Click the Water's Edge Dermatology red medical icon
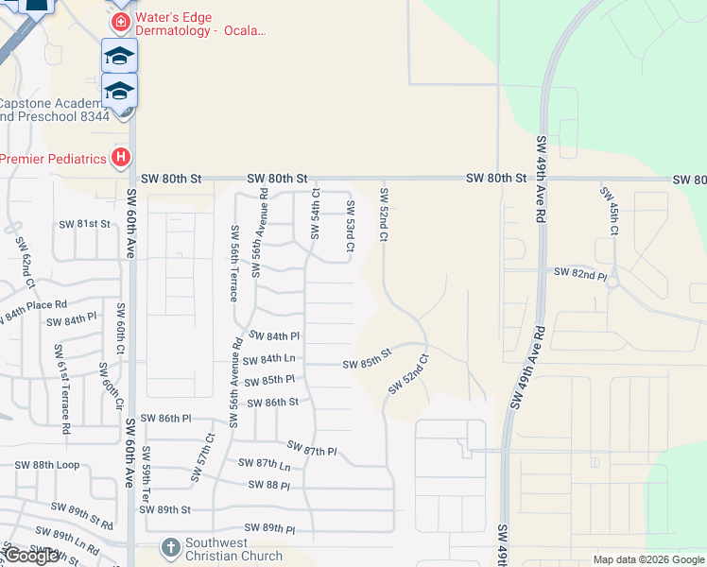tap(120, 21)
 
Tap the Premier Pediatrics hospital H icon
tap(120, 158)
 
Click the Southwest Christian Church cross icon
tap(170, 547)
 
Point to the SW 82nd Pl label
tap(579, 274)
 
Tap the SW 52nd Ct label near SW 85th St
tap(408, 375)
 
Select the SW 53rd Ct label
tap(350, 227)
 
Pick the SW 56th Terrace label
tap(233, 264)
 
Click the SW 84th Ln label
tap(269, 359)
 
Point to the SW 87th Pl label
tap(312, 449)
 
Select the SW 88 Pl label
tap(269, 485)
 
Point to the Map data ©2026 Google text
tap(648, 559)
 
